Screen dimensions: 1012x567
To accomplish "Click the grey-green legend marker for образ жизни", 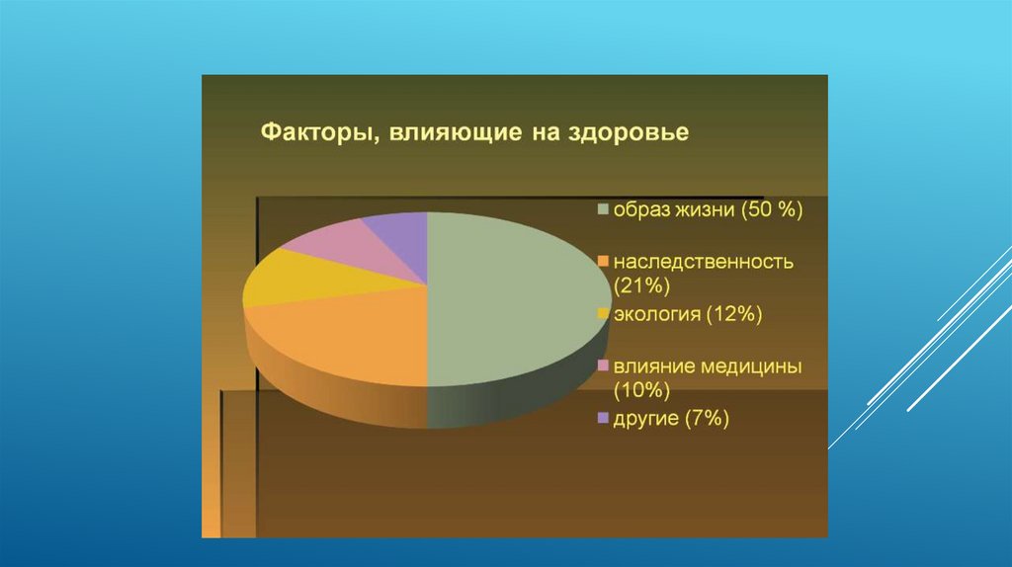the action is pyautogui.click(x=604, y=209).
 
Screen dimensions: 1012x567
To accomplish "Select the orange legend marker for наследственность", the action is pyautogui.click(x=604, y=261).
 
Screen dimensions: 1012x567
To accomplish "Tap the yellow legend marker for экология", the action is pyautogui.click(x=604, y=313).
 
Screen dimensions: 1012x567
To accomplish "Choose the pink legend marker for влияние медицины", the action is pyautogui.click(x=604, y=365).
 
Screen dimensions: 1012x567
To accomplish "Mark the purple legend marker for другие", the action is pyautogui.click(x=604, y=418).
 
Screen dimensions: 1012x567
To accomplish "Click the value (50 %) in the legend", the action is pyautogui.click(x=772, y=209).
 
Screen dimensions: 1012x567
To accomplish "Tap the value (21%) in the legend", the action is pyautogui.click(x=641, y=285).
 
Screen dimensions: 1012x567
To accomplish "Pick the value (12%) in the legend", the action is pyautogui.click(x=734, y=314).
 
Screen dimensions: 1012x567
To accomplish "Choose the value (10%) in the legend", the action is pyautogui.click(x=641, y=389).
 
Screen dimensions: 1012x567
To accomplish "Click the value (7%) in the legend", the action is pyautogui.click(x=707, y=419).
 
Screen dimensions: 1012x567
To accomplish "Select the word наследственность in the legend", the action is pyautogui.click(x=704, y=262).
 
